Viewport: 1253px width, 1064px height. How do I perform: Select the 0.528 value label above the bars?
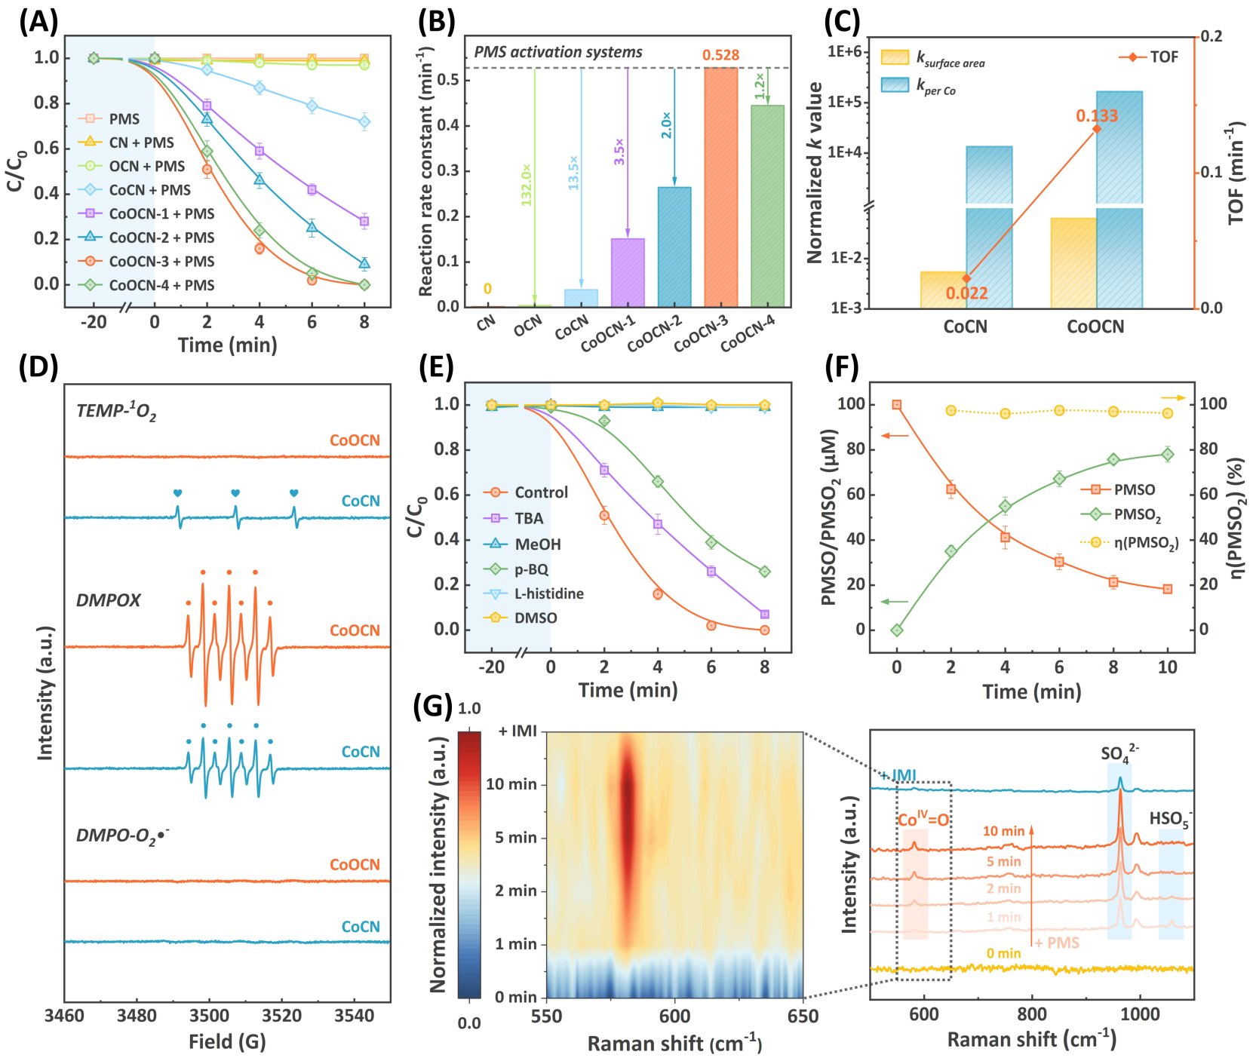tap(720, 55)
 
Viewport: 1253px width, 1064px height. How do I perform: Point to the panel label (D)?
tap(38, 366)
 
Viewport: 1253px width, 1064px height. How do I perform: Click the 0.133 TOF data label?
tap(1097, 115)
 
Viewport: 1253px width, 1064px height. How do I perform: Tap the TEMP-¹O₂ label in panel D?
tap(116, 411)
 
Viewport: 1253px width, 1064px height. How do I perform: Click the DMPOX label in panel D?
tap(109, 600)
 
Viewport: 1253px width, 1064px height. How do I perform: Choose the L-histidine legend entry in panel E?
tap(548, 593)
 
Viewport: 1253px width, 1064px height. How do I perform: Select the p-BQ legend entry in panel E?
tap(531, 569)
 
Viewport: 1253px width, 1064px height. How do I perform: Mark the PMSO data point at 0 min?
tap(896, 405)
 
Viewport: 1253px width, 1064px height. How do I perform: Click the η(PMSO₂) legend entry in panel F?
tap(1146, 542)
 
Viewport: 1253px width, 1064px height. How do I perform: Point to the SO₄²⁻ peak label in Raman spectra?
tap(1119, 753)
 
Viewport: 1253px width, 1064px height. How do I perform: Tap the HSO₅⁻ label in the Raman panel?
tap(1170, 819)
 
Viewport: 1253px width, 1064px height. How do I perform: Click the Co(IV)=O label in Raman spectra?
tap(923, 820)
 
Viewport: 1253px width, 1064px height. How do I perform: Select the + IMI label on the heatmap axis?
tap(517, 731)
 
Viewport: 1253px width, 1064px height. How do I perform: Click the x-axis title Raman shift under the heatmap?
tap(674, 1044)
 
